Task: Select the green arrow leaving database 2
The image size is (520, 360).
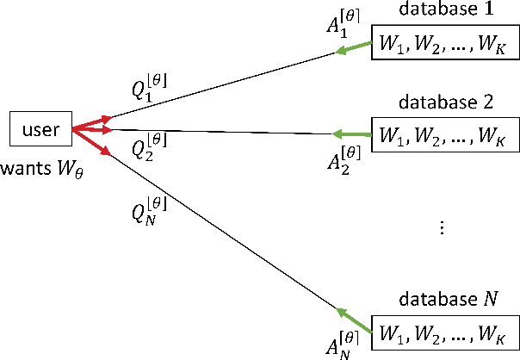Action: coord(350,134)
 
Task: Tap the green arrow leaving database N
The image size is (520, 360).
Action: coord(352,320)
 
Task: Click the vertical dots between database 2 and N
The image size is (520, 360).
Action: coord(442,227)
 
